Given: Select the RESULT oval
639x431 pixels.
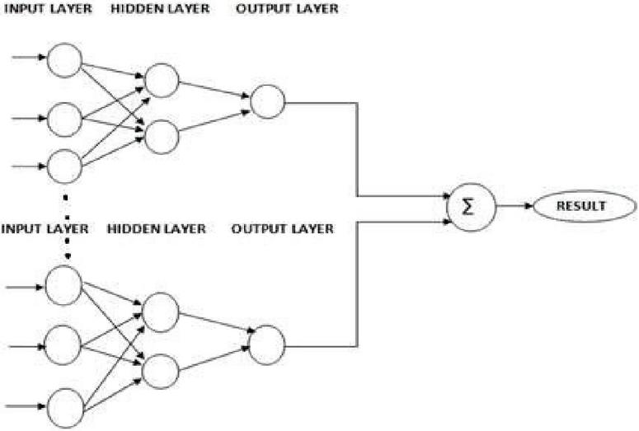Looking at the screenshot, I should [582, 205].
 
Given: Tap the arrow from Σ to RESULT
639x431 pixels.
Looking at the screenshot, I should [513, 205].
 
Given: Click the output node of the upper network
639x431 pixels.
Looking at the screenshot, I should [267, 101].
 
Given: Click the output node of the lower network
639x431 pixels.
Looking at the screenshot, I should [267, 344].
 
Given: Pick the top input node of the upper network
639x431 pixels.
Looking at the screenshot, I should [64, 59].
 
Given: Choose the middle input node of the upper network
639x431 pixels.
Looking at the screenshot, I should [64, 119].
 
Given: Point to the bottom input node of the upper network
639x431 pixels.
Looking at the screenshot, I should [64, 166].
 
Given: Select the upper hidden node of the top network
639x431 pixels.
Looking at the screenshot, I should [162, 79].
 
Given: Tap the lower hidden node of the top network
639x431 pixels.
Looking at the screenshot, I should [162, 137].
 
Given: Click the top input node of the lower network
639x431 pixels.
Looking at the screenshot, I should [64, 286].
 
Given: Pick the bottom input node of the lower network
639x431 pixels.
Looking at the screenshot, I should [64, 407].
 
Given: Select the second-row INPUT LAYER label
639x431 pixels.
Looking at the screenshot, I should [45, 228].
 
